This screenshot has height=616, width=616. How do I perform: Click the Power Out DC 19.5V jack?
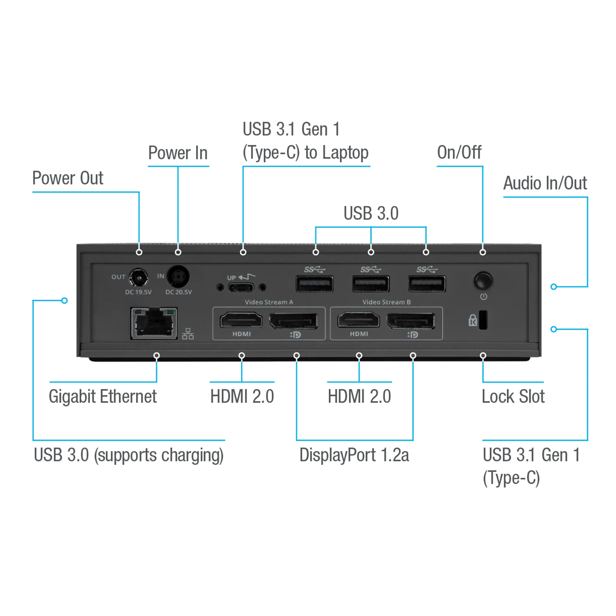click(138, 278)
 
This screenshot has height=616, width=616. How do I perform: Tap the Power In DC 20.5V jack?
click(178, 276)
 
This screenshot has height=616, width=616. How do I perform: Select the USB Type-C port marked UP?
click(241, 288)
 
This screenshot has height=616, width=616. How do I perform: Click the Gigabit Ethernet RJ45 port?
click(154, 323)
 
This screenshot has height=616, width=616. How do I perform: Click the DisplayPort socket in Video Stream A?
click(293, 321)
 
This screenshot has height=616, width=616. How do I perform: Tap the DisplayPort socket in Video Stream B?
click(411, 321)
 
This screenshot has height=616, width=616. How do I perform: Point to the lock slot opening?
click(483, 320)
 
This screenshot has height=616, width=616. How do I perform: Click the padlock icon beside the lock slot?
click(472, 320)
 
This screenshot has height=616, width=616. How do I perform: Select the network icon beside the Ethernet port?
click(188, 334)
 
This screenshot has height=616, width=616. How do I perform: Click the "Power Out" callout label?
click(68, 178)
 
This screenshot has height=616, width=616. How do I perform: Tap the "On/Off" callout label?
click(459, 152)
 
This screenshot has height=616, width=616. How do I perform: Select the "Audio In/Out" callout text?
click(545, 183)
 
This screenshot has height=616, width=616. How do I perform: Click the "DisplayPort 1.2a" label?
click(354, 455)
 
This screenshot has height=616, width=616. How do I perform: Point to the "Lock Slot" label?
click(513, 397)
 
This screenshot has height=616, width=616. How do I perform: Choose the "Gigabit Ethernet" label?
click(103, 397)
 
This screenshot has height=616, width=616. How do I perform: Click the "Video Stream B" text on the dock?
click(387, 302)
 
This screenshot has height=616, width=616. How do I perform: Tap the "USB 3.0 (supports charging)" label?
click(129, 455)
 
